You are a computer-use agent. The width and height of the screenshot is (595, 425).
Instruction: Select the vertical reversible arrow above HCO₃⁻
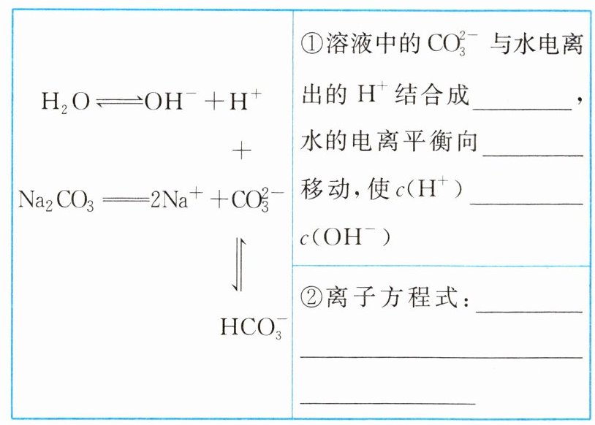coord(240,263)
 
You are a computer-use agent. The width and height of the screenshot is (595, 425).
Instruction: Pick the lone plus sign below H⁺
coord(241,152)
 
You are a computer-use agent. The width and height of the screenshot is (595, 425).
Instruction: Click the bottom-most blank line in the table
coord(388,402)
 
